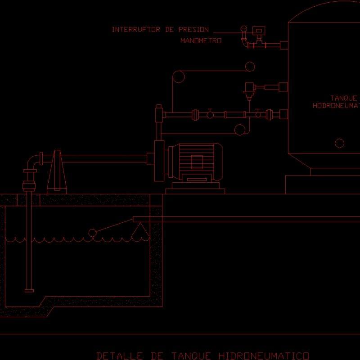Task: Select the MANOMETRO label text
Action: click(x=201, y=41)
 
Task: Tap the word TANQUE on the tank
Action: click(x=344, y=98)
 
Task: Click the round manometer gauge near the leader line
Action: click(x=243, y=29)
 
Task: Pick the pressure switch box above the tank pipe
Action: click(x=258, y=30)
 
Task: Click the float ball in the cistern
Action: click(x=93, y=233)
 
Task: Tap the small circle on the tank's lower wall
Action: click(x=340, y=143)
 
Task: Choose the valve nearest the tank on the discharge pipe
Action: click(x=258, y=114)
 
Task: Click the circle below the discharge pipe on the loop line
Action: click(x=240, y=130)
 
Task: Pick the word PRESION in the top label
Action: click(x=193, y=30)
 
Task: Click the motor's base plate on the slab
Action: click(x=195, y=191)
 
